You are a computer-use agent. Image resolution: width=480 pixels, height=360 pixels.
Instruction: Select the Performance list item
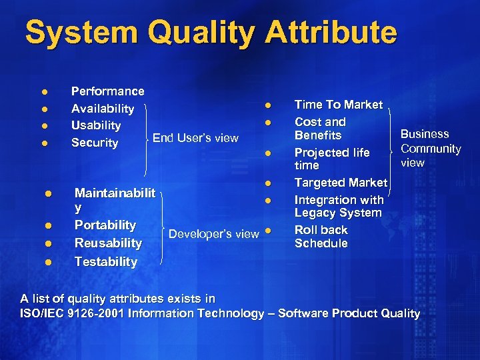click(x=107, y=91)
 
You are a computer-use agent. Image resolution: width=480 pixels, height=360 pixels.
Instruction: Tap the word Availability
click(x=103, y=109)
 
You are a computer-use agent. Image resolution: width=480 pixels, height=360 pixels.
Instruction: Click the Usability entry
click(x=96, y=125)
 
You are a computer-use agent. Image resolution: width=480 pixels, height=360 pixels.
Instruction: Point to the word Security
click(x=95, y=143)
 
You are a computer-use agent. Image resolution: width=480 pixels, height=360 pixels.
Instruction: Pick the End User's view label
click(x=195, y=138)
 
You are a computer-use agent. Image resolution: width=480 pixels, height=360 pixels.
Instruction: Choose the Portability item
click(x=105, y=225)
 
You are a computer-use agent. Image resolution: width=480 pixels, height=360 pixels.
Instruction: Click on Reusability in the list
click(x=108, y=243)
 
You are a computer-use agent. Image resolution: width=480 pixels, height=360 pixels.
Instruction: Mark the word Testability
click(x=106, y=261)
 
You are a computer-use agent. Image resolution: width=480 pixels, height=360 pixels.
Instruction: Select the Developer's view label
click(x=213, y=233)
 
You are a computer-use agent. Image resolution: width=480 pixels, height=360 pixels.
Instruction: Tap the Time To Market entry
click(x=339, y=105)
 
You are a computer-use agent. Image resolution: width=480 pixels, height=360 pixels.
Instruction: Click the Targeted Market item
click(x=341, y=183)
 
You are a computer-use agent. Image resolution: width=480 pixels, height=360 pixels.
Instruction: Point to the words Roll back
click(x=321, y=230)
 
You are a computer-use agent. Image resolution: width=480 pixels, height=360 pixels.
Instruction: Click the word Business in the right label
click(x=425, y=134)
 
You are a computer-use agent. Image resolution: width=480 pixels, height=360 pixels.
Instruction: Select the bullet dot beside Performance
click(x=44, y=92)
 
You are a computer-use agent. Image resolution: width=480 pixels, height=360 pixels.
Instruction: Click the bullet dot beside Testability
click(x=48, y=262)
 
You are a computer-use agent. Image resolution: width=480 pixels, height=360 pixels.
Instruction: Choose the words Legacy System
click(x=338, y=213)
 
